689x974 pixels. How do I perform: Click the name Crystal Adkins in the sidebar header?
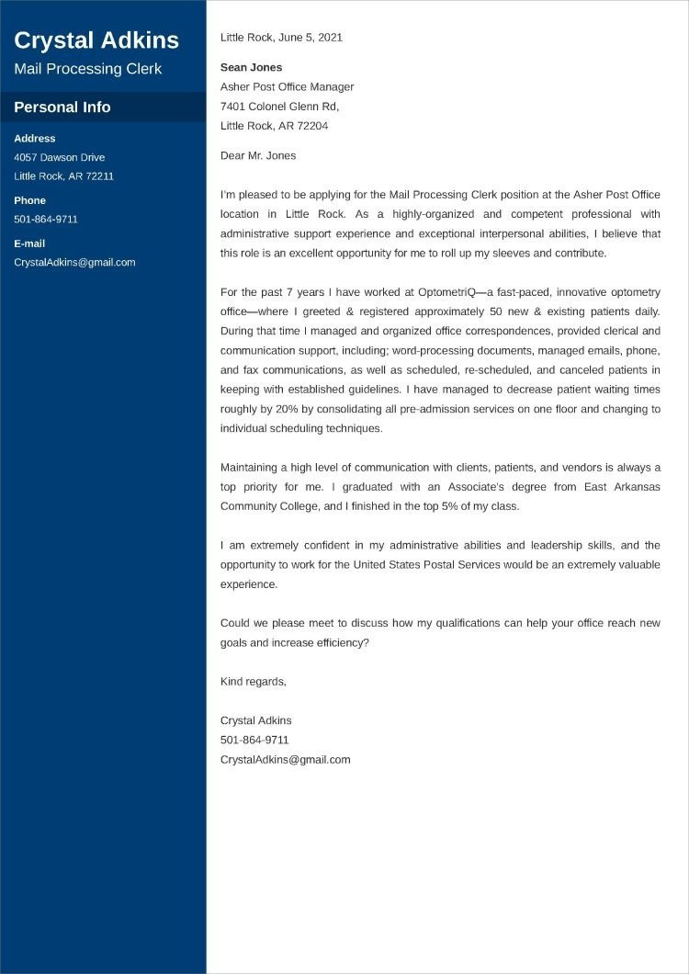96,40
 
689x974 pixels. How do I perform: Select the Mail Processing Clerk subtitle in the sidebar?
87,69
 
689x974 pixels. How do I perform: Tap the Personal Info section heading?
62,108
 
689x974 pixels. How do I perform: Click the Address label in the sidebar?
35,139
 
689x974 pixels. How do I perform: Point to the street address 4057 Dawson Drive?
60,157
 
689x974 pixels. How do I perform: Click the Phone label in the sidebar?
29,200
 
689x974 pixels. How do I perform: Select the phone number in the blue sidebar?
46,220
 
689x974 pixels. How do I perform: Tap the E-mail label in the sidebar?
29,243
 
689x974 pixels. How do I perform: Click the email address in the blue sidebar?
74,263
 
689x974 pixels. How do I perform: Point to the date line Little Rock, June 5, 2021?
281,38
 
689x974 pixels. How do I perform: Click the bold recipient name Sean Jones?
251,67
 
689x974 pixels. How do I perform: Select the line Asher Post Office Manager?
287,87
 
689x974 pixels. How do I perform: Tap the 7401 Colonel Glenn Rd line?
279,107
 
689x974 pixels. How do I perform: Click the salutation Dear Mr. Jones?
258,156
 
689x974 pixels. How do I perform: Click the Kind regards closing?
254,682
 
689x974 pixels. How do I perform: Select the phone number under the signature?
254,740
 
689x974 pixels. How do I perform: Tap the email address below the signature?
286,760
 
